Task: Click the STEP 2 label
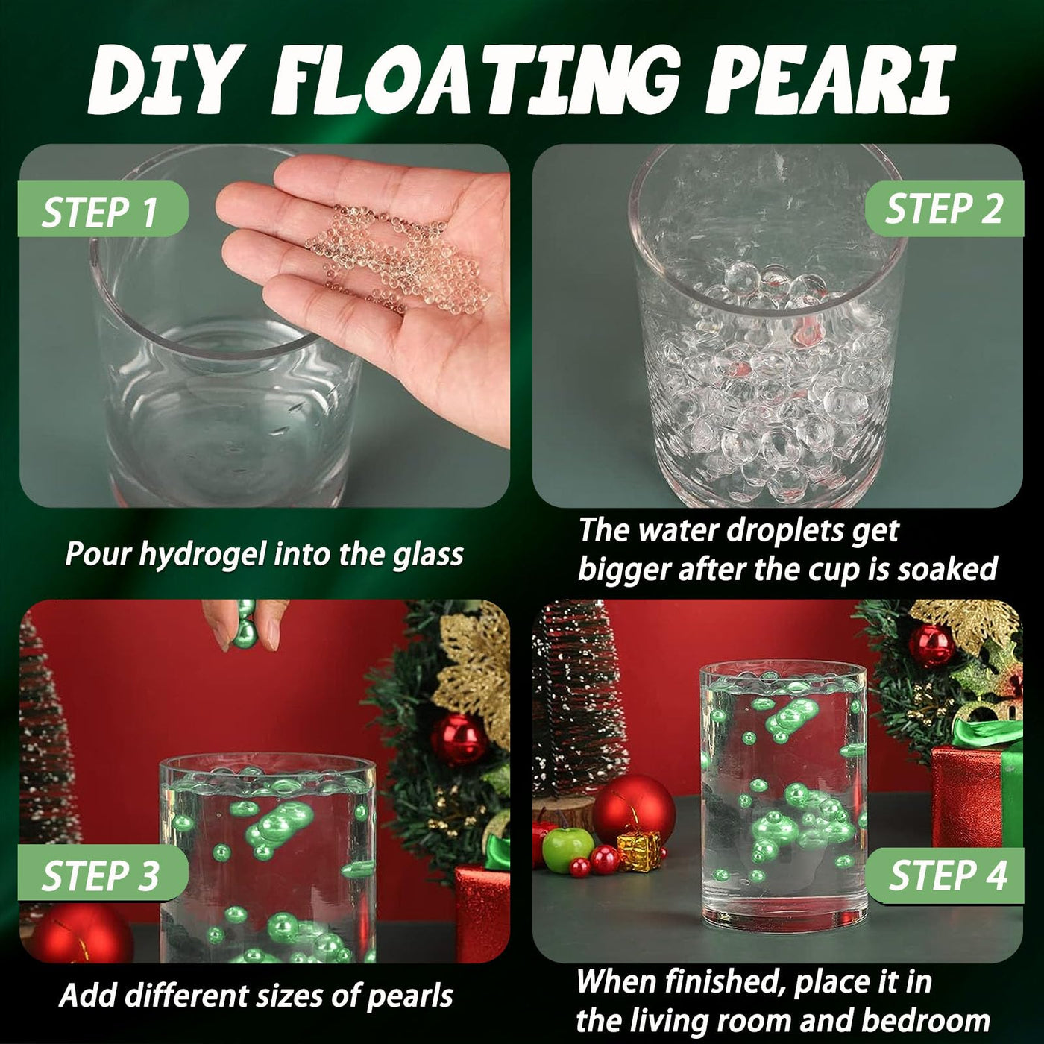click(x=943, y=209)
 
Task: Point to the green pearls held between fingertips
click(x=245, y=623)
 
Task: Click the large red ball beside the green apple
click(x=634, y=811)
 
